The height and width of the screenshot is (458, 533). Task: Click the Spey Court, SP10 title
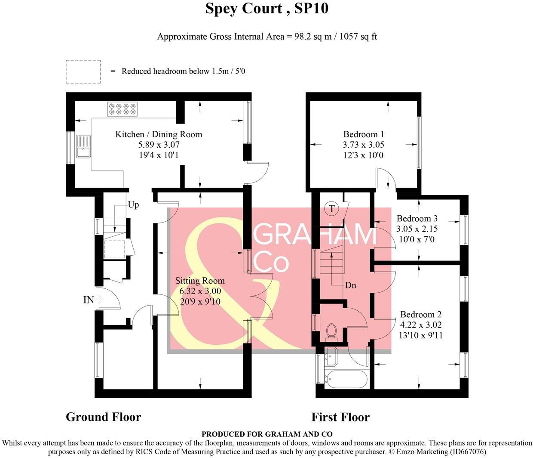click(x=266, y=9)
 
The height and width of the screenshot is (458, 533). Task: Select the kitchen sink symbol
click(x=83, y=146)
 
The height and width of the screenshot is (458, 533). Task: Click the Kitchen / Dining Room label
click(x=159, y=134)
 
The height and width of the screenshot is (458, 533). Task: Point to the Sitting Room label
click(x=200, y=281)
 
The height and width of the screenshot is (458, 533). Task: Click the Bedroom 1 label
click(x=364, y=134)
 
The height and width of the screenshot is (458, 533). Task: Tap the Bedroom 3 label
click(x=417, y=219)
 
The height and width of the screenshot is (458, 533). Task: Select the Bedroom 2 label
click(x=421, y=315)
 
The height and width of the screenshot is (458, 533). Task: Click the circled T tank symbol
click(x=332, y=209)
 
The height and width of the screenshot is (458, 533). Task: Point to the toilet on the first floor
click(x=331, y=332)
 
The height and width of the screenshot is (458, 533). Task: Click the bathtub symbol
click(x=346, y=379)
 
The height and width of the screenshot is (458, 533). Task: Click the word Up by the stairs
click(x=133, y=205)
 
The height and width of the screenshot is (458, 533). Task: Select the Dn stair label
click(x=350, y=285)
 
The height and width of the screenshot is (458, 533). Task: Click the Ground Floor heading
click(x=103, y=417)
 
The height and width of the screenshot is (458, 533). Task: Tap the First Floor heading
click(x=340, y=417)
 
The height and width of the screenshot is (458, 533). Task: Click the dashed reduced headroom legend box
click(x=83, y=71)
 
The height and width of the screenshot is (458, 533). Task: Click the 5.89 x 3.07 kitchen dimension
click(x=159, y=145)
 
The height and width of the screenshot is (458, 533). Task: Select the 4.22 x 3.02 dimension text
click(x=421, y=325)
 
